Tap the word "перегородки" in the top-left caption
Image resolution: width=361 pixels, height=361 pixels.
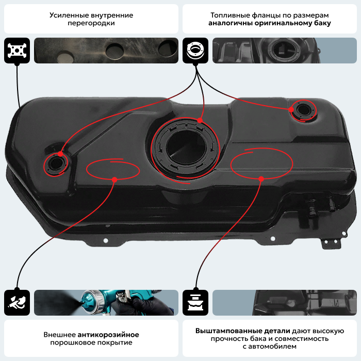(x=91, y=23)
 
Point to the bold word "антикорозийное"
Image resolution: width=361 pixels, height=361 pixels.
(x=108, y=335)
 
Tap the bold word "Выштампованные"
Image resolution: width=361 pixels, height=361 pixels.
(x=243, y=331)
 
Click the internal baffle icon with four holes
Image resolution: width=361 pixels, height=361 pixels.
(x=17, y=51)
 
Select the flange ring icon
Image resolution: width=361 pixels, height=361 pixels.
(x=195, y=51)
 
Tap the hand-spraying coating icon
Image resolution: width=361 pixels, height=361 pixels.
(x=17, y=303)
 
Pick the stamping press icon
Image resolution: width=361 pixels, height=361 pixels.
(x=195, y=303)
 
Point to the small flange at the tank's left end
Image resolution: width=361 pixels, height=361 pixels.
(x=56, y=163)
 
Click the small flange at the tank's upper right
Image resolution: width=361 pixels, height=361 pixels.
(x=303, y=110)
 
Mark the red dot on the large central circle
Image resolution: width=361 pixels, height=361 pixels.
(x=200, y=120)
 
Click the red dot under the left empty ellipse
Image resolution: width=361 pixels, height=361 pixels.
(x=114, y=179)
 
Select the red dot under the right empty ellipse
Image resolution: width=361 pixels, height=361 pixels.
(x=261, y=178)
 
